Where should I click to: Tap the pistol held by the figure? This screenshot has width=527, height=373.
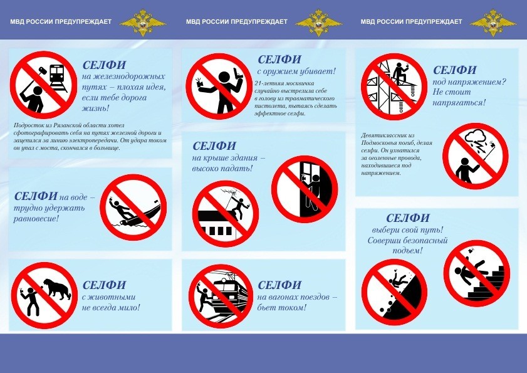pos(236,72)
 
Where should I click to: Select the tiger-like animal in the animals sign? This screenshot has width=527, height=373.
pos(57,289)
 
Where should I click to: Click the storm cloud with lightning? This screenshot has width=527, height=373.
pos(475,139)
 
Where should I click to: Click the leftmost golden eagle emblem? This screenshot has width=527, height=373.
pos(143,22)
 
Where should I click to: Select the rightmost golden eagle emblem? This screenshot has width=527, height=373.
pos(493,22)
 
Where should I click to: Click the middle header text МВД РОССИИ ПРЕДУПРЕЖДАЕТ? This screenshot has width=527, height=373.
pos(237,21)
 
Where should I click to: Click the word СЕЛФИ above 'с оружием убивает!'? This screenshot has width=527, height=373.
pos(279,60)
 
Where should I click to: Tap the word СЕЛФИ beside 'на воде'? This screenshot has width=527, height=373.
pos(36,196)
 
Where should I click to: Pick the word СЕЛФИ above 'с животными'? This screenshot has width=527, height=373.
pos(104,285)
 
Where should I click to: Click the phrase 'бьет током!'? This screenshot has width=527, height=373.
pos(281,307)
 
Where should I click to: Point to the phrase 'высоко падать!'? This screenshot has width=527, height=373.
pos(222,168)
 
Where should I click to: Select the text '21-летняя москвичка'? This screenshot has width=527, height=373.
pos(284,83)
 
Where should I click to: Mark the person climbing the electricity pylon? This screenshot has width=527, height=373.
pos(399,74)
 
